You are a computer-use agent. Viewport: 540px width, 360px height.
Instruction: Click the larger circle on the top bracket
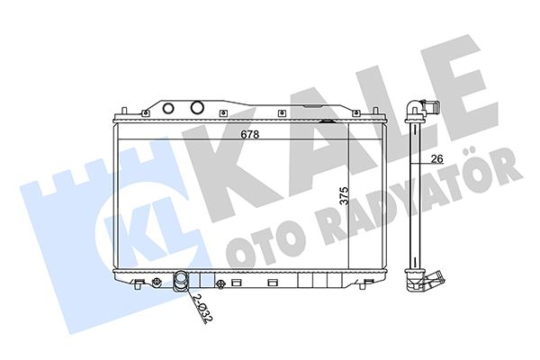(197, 108)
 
